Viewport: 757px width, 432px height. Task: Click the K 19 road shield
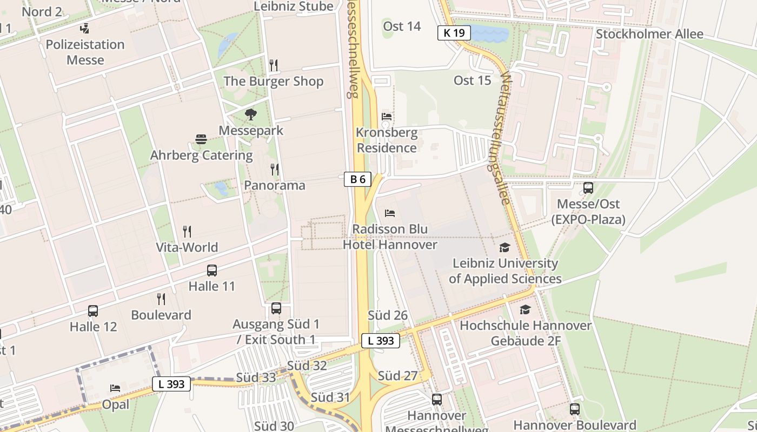coord(454,33)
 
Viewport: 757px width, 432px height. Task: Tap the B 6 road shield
coord(357,179)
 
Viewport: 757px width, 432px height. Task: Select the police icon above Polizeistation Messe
coord(84,28)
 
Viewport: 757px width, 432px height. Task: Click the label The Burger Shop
coord(273,82)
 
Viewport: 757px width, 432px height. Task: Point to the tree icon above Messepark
coord(250,114)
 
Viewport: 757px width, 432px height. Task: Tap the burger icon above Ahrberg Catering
coord(201,139)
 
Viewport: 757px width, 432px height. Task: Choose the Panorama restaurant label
coord(274,185)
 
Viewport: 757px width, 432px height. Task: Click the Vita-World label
coord(187,247)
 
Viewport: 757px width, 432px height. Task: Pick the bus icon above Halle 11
coord(211,271)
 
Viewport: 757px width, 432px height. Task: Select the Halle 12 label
coord(93,327)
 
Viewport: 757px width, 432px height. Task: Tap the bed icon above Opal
coord(115,388)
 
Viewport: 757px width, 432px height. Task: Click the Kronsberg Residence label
coord(387,140)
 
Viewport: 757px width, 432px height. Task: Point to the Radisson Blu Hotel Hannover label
coord(390,237)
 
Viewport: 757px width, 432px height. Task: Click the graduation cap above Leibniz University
coord(504,247)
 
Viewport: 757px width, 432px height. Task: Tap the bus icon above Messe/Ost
coord(588,188)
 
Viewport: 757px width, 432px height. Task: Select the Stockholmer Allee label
coord(649,34)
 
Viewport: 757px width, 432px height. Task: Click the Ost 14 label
coord(402,26)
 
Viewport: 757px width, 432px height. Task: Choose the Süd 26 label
coord(387,315)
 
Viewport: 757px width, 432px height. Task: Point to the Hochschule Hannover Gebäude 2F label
coord(526,333)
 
